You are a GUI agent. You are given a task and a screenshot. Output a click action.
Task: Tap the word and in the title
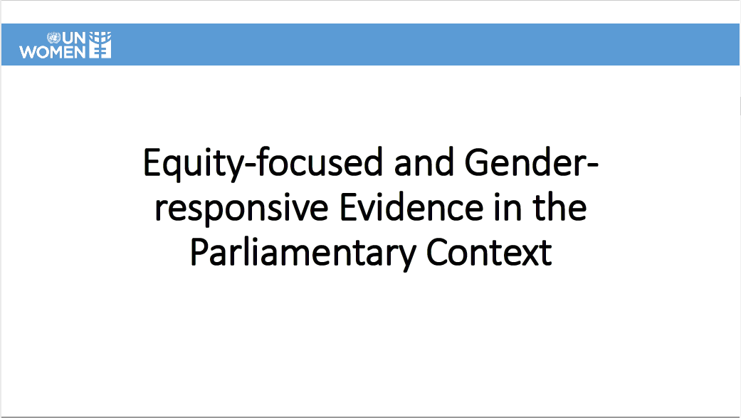click(x=424, y=162)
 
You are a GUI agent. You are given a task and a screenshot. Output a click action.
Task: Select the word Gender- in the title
click(x=532, y=162)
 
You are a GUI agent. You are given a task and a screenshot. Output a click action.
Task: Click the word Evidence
click(x=411, y=208)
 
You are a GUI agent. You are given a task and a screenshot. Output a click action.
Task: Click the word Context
click(x=489, y=253)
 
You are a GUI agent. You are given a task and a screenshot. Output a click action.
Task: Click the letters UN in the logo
click(x=73, y=38)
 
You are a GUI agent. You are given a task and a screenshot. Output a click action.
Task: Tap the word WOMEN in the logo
click(x=53, y=52)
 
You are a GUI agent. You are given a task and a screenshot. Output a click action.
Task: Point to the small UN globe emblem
click(x=54, y=38)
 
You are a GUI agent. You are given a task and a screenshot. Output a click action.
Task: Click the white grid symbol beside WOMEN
click(x=100, y=45)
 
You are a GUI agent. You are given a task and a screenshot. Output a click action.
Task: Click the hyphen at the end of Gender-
click(x=592, y=165)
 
